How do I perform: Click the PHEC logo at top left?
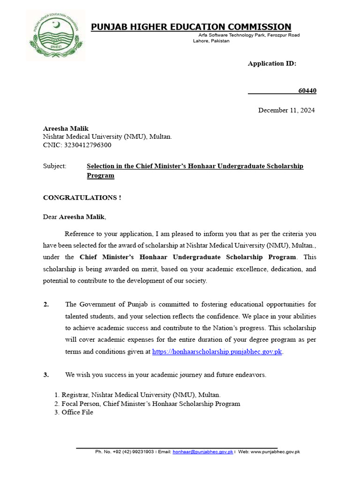[56, 36]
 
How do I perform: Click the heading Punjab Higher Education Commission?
[191, 27]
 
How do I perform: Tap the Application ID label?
[272, 63]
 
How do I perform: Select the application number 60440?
[307, 90]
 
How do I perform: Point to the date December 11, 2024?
[286, 110]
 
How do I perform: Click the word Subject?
[54, 166]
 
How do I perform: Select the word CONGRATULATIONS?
[79, 197]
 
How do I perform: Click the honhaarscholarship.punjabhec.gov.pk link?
[217, 352]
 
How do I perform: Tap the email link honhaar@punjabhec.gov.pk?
[202, 452]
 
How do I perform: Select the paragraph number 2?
[46, 304]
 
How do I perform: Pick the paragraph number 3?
[46, 375]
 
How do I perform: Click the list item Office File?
[77, 412]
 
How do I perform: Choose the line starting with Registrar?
[141, 395]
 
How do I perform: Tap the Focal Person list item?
[150, 404]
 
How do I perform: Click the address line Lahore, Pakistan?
[211, 41]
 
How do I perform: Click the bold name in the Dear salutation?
[82, 217]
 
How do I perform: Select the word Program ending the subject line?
[100, 175]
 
